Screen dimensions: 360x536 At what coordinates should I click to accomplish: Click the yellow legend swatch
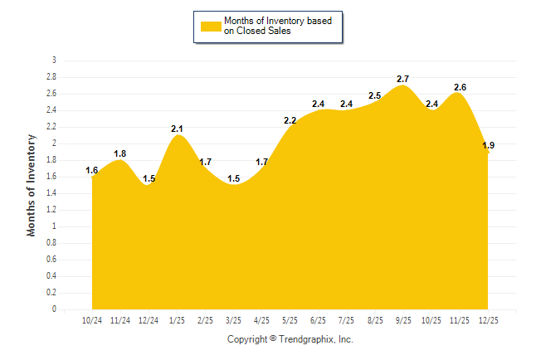210,26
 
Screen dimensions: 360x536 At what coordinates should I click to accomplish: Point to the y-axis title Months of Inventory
32,184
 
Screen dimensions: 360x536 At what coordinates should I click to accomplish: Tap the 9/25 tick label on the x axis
402,320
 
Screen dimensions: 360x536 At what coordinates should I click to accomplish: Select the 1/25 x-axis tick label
177,320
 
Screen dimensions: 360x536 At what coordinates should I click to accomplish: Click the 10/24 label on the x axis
92,320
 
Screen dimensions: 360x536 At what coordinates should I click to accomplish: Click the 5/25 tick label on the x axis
290,320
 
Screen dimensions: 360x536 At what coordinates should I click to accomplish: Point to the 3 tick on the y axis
54,61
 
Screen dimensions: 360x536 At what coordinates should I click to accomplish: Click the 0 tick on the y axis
54,309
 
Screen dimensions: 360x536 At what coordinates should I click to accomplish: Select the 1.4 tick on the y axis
51,193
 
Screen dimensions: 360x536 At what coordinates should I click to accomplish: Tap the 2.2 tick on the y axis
51,127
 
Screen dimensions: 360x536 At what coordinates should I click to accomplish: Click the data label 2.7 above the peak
403,79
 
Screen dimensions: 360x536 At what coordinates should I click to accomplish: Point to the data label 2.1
177,129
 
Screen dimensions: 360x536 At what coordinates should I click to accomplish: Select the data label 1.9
489,145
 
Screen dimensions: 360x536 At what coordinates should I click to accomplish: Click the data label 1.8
120,153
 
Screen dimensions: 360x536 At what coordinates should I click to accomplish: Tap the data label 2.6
460,87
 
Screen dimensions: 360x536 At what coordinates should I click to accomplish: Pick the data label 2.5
375,95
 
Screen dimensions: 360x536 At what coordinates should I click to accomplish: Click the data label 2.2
290,120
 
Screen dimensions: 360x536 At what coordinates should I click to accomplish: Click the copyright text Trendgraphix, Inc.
290,339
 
